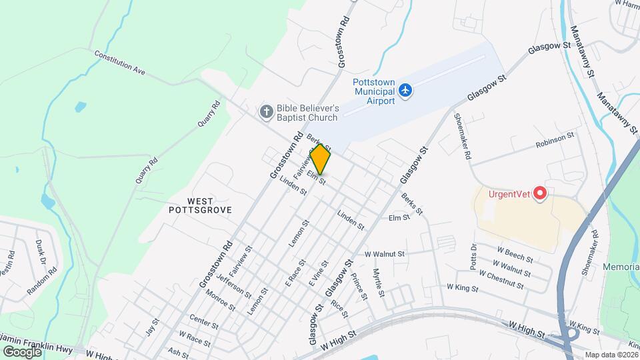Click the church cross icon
266,111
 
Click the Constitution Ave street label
120,61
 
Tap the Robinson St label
555,140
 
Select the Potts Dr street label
474,255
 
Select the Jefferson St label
233,286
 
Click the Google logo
22,351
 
